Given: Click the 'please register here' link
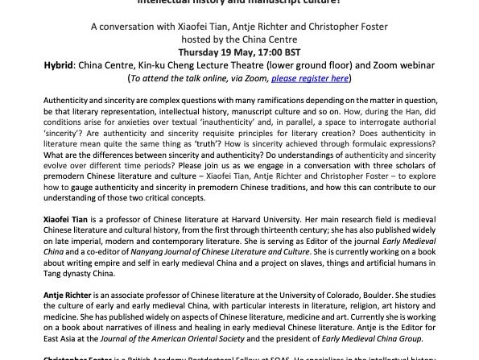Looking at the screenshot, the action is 310,78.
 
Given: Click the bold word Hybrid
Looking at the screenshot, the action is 60,65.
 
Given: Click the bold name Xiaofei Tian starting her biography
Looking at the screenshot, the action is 66,218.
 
